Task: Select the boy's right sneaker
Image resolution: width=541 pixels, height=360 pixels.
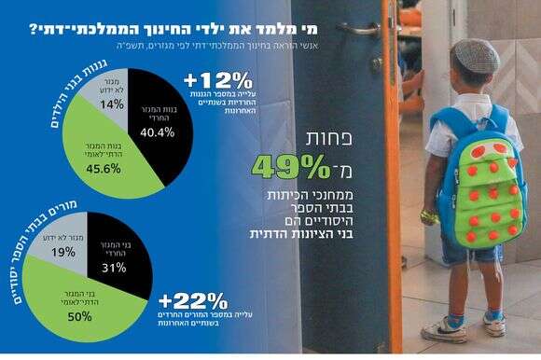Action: coord(495,323)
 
